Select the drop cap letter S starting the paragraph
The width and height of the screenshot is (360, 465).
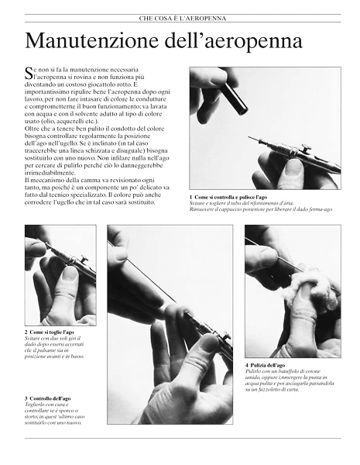point(29,75)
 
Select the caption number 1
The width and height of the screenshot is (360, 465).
point(191,198)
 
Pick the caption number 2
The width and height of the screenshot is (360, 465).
point(26,332)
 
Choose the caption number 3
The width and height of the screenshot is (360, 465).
point(26,398)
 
